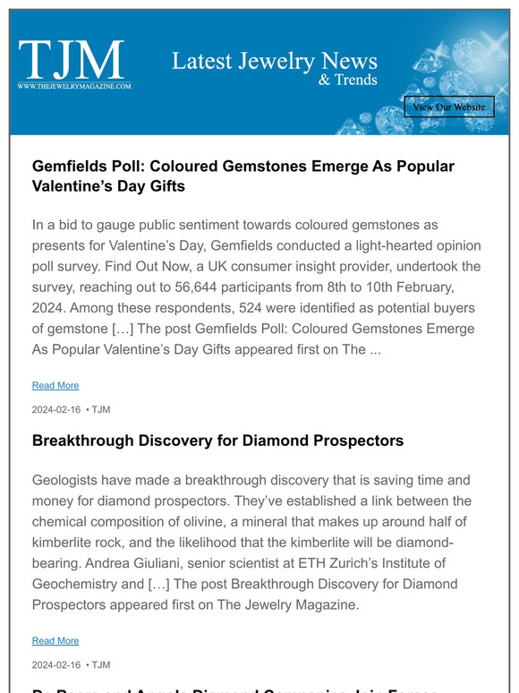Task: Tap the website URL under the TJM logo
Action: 74,86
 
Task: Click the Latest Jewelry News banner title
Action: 274,62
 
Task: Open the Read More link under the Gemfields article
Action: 55,385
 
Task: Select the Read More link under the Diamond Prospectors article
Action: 55,640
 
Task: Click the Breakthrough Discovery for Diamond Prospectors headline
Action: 217,441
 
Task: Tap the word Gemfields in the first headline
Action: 72,167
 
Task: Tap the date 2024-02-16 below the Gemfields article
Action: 55,409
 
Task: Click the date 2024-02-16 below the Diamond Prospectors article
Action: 55,664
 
